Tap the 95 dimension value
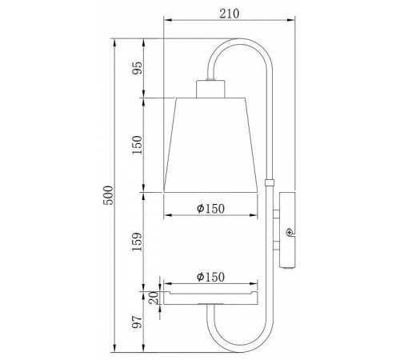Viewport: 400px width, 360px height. [x=137, y=67]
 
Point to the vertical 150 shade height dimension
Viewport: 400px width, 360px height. [x=137, y=145]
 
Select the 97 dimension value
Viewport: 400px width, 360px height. [x=137, y=323]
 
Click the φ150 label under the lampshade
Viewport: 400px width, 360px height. [x=210, y=208]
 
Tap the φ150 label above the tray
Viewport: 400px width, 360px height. [x=210, y=276]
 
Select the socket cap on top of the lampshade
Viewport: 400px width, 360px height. [x=210, y=87]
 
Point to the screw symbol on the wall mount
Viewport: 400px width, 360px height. [x=290, y=232]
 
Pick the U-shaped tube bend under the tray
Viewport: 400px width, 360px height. [x=240, y=336]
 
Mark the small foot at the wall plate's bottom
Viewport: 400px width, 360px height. [x=289, y=266]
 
